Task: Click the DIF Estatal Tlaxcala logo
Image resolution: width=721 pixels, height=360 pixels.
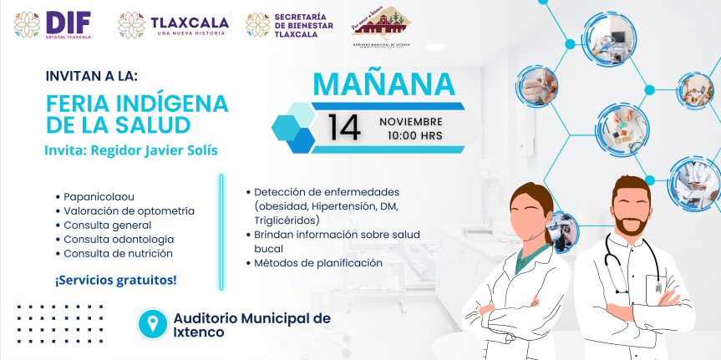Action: [53, 25]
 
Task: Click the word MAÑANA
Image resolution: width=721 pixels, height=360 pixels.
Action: [383, 84]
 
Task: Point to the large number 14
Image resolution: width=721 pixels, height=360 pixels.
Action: [344, 127]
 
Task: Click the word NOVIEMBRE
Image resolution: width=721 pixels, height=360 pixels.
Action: [411, 121]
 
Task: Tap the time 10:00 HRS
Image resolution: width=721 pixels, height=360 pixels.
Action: [415, 135]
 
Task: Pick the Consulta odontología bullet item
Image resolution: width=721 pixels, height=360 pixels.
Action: [119, 239]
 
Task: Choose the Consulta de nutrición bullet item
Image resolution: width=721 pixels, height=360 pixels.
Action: [118, 253]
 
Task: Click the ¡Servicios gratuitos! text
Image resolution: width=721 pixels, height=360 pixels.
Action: [116, 280]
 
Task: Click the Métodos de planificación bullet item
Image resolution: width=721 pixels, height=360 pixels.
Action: [318, 262]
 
